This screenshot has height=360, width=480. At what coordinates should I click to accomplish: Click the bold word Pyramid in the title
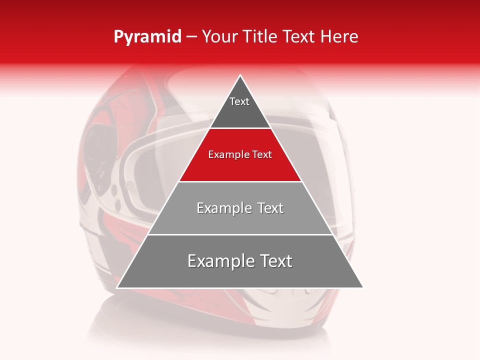[x=147, y=37]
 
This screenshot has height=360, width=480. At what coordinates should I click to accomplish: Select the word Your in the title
[x=219, y=37]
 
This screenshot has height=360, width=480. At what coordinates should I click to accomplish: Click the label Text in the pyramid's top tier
[x=239, y=101]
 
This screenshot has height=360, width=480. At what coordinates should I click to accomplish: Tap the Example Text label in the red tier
[x=240, y=154]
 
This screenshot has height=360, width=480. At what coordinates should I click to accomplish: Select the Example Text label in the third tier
[x=240, y=208]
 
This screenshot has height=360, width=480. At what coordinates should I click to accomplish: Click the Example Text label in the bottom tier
[x=240, y=261]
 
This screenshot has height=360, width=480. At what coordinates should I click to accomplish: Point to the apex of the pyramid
[x=240, y=76]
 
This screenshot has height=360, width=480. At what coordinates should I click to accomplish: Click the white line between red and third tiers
[x=240, y=181]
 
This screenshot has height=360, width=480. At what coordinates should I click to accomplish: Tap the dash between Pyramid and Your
[x=191, y=37]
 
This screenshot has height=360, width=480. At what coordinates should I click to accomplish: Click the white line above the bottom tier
[x=240, y=234]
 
